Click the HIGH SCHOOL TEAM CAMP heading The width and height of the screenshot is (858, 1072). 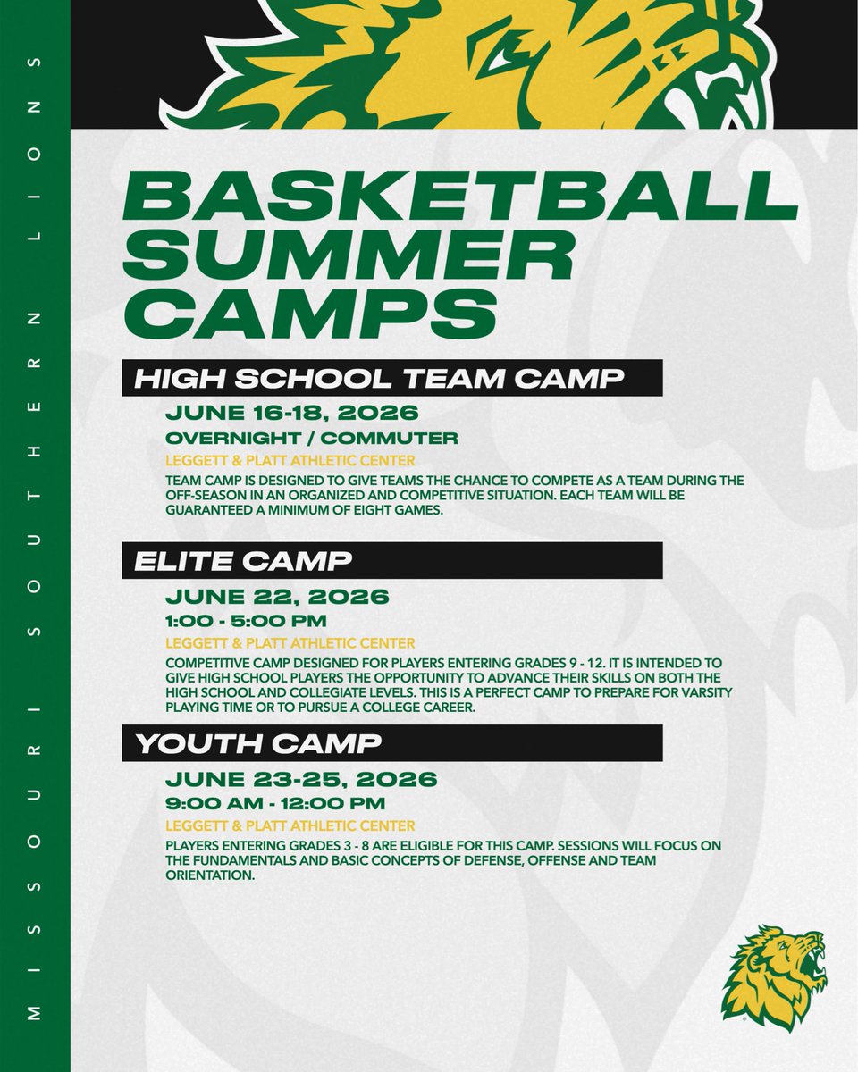coord(379,378)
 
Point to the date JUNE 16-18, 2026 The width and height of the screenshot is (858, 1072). coord(291,415)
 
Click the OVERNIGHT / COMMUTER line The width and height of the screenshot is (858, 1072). coord(312,439)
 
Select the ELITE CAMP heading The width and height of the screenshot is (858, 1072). coord(243,560)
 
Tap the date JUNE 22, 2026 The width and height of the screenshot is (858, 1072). coord(277,597)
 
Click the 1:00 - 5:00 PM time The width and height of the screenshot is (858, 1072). coord(247,621)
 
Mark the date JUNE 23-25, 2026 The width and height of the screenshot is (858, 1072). coord(301,779)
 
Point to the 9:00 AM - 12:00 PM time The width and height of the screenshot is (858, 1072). coord(276,803)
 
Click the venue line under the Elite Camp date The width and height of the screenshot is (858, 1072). coord(290,642)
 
